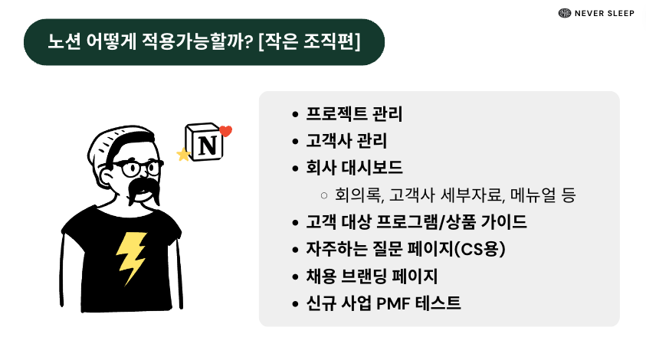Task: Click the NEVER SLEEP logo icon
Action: tap(565, 13)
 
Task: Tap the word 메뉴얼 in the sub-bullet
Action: tap(527, 195)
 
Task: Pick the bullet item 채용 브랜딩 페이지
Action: tap(372, 277)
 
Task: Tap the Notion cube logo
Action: tap(205, 142)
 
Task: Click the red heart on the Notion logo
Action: tap(225, 131)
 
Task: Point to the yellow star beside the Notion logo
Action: tap(183, 155)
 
